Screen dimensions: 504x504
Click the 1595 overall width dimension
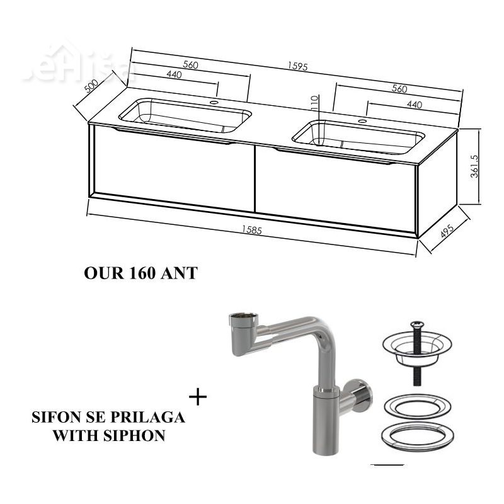pyautogui.click(x=297, y=66)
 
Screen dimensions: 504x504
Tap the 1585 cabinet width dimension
pyautogui.click(x=252, y=230)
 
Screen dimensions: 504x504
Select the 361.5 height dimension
pyautogui.click(x=474, y=166)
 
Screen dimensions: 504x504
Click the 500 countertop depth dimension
pyautogui.click(x=91, y=86)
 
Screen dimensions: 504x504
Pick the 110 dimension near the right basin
pyautogui.click(x=314, y=103)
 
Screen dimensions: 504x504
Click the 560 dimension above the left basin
pyautogui.click(x=191, y=65)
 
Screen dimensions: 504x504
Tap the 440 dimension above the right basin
pyautogui.click(x=415, y=105)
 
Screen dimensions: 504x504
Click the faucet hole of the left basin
pyautogui.click(x=213, y=103)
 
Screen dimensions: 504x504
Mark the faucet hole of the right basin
pyautogui.click(x=363, y=122)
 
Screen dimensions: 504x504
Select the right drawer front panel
pyautogui.click(x=336, y=190)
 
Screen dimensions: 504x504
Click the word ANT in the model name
pyautogui.click(x=179, y=273)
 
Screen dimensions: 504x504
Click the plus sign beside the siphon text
pyautogui.click(x=198, y=398)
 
